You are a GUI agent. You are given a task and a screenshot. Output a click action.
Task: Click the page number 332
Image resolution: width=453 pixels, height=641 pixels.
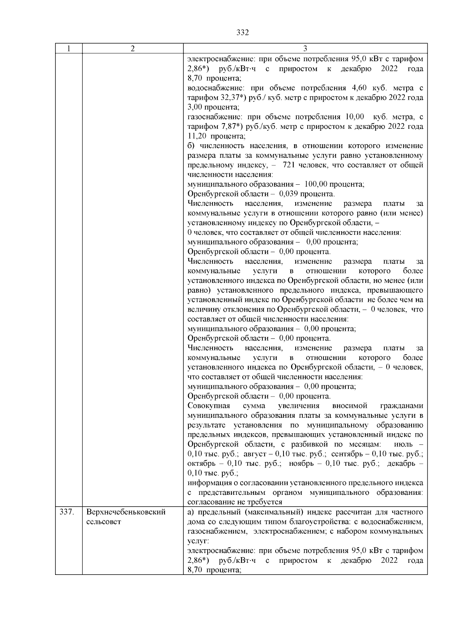(x=242, y=33)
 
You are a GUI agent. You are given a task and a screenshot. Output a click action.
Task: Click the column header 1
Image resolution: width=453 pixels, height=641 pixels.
(x=69, y=49)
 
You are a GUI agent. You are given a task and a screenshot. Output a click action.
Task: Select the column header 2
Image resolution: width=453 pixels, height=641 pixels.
(x=133, y=49)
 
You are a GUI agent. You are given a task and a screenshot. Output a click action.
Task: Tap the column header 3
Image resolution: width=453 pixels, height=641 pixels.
(x=305, y=49)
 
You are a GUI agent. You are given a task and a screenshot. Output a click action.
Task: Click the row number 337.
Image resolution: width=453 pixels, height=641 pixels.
(x=66, y=513)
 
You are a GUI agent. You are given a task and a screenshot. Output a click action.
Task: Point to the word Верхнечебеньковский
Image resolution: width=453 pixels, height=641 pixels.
(x=126, y=513)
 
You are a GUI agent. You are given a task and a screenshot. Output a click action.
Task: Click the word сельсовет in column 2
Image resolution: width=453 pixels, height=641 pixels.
(x=104, y=522)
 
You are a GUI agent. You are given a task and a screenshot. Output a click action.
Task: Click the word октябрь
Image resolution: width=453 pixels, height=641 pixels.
(x=201, y=463)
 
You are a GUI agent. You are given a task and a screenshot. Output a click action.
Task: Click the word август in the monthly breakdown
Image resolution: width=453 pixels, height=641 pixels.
(x=255, y=454)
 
